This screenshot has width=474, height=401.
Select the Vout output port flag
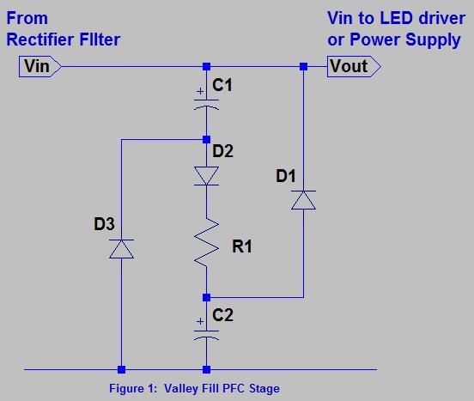click(348, 66)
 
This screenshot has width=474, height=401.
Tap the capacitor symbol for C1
click(206, 103)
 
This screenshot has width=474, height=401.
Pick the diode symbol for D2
click(206, 176)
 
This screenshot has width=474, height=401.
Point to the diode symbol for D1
click(302, 201)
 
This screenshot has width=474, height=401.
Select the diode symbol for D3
click(122, 249)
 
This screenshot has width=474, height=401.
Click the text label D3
click(103, 227)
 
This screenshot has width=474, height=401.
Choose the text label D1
click(287, 178)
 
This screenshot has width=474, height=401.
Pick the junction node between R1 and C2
click(206, 297)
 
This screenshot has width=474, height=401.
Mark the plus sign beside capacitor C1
click(199, 90)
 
